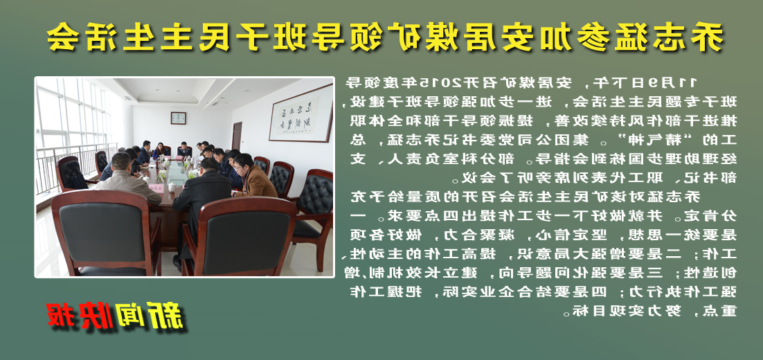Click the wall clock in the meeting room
179,118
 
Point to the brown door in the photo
237,136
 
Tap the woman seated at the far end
159,150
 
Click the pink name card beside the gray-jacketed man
157,188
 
